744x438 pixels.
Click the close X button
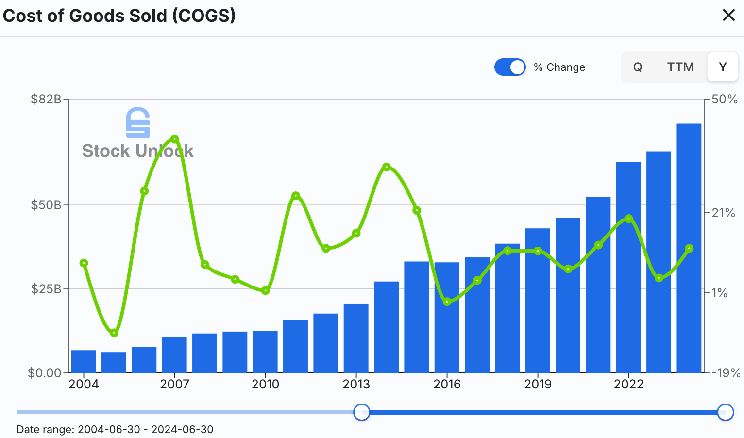click(728, 16)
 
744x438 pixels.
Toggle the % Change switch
click(510, 67)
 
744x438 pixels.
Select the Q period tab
click(638, 67)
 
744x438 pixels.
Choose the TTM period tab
click(680, 67)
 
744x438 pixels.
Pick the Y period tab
click(723, 67)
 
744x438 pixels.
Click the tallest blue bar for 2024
click(689, 248)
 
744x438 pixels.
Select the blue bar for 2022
click(628, 267)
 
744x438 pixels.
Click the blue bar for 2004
click(84, 361)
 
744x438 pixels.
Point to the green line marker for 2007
click(175, 139)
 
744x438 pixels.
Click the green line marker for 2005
click(114, 333)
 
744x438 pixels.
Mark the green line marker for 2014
click(387, 167)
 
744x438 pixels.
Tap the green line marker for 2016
click(447, 302)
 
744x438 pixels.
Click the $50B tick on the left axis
click(46, 205)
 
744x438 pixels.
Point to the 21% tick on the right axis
click(723, 213)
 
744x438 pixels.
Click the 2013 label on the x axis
click(356, 384)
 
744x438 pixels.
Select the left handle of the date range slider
click(361, 412)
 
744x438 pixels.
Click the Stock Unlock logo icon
click(138, 122)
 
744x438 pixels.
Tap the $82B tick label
click(46, 100)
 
